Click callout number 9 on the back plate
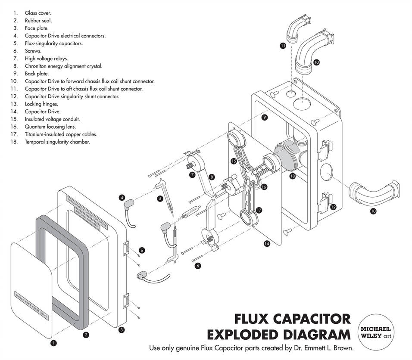(x=265, y=117)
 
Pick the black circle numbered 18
(x=293, y=176)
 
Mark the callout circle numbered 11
(x=283, y=45)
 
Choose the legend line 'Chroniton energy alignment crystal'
(x=63, y=66)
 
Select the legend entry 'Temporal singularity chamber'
(x=57, y=142)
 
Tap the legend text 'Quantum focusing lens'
(x=50, y=127)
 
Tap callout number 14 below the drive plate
(x=267, y=243)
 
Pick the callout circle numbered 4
(x=122, y=198)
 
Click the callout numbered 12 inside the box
(x=333, y=207)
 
